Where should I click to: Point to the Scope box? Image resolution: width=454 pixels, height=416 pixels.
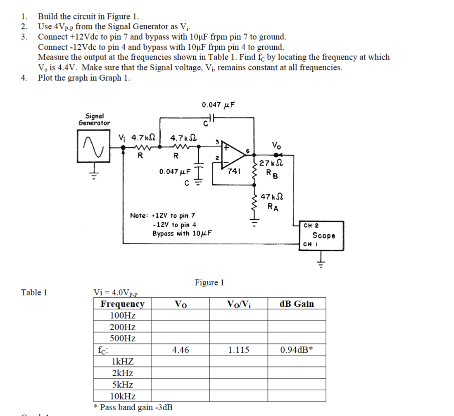(323, 236)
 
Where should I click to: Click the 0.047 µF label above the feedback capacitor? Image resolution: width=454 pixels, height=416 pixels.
(219, 105)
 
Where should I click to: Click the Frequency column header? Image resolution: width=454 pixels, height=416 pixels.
(123, 304)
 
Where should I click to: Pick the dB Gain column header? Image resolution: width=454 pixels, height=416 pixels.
(296, 304)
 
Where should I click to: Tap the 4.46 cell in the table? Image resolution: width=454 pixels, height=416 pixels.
(181, 350)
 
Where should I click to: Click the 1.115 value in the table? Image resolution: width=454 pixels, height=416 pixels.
(238, 350)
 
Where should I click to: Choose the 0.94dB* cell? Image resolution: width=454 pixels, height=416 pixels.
(296, 350)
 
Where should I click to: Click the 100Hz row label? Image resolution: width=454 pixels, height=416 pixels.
(123, 315)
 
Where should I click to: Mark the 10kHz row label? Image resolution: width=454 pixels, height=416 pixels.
(123, 396)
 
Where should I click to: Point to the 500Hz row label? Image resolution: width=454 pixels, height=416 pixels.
(123, 338)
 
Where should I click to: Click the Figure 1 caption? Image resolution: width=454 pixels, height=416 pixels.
(209, 283)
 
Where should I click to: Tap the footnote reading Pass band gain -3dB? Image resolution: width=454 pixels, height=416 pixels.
(133, 407)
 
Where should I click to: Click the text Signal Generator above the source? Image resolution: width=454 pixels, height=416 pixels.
(94, 120)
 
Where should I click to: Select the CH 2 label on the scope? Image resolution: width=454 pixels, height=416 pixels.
(311, 226)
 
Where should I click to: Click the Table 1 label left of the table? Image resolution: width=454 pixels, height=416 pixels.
(34, 293)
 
